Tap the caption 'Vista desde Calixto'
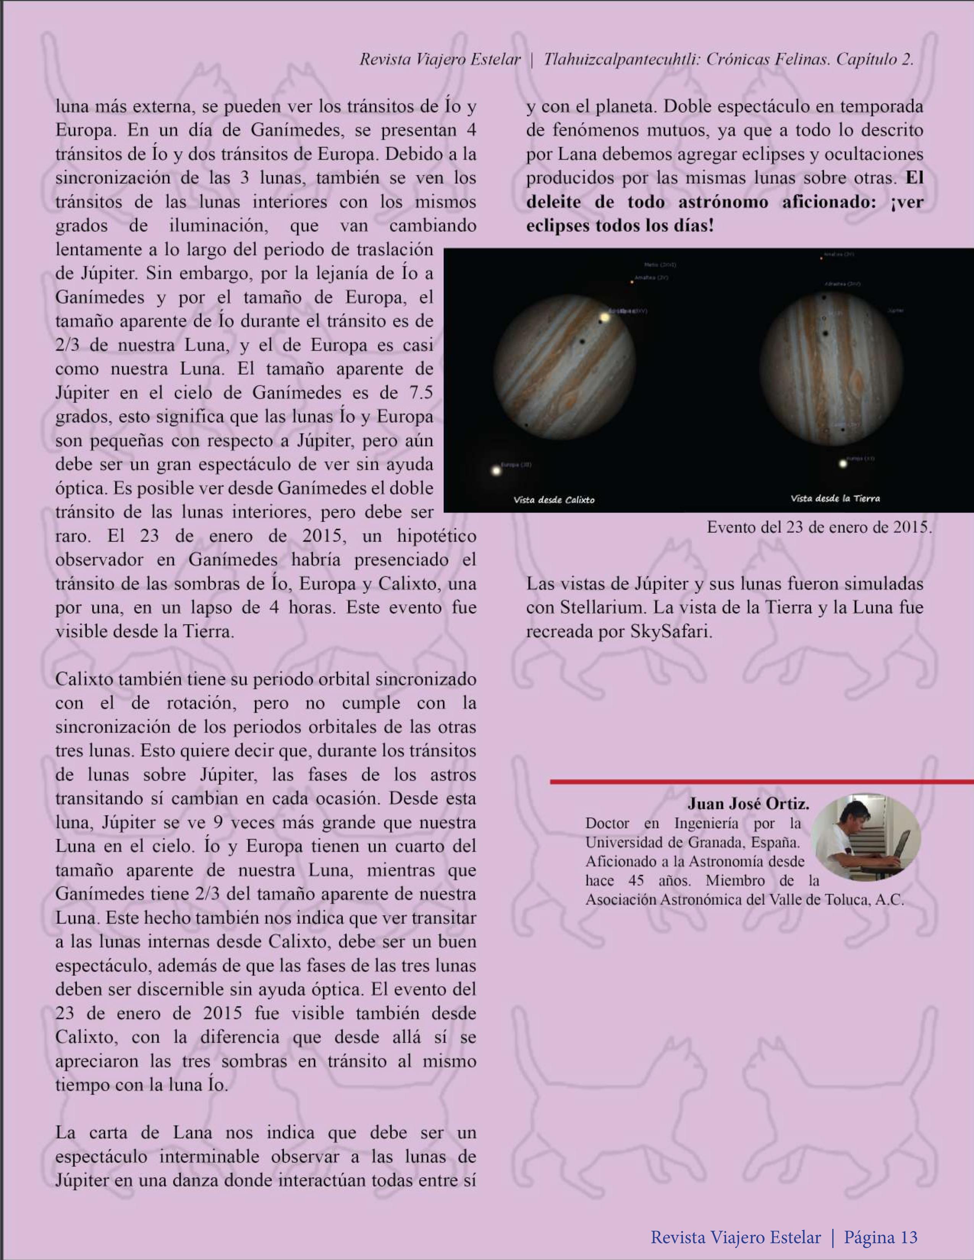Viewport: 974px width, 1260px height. pos(554,500)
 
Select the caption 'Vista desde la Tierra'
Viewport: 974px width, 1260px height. pos(835,498)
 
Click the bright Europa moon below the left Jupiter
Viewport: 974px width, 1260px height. pos(495,471)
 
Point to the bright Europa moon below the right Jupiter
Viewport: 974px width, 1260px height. pos(843,463)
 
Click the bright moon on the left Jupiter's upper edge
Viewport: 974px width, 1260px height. pos(605,317)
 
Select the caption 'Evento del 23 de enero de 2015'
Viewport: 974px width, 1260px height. pos(819,527)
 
